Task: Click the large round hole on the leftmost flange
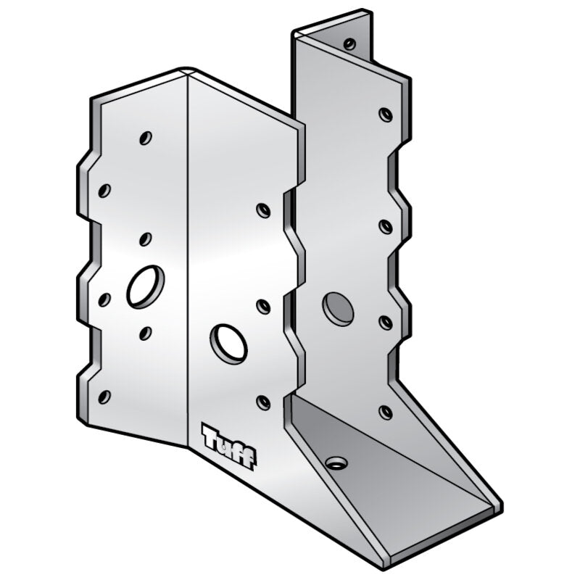tap(146, 286)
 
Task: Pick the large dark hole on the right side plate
tap(338, 309)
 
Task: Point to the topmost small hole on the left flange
tap(146, 137)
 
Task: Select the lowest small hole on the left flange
tap(104, 396)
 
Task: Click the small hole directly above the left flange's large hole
tap(145, 239)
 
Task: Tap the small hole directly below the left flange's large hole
tap(145, 333)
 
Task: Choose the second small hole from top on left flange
tap(104, 191)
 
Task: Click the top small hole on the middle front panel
tap(264, 210)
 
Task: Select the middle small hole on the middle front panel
tap(264, 307)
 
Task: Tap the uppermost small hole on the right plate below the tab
tap(386, 114)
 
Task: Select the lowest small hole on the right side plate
tap(386, 412)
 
